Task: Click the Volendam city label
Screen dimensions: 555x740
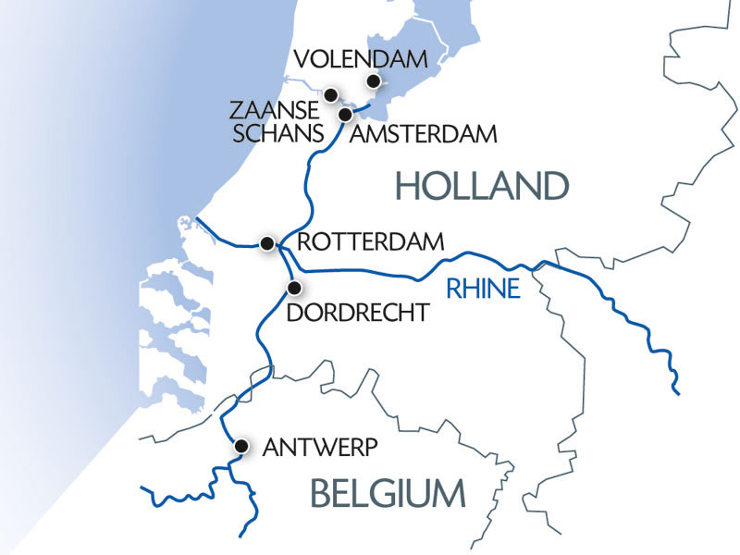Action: click(361, 60)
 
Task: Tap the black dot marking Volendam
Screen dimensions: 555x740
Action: click(374, 82)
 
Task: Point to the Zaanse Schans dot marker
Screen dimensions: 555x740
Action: click(329, 94)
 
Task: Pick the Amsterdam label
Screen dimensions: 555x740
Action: click(423, 134)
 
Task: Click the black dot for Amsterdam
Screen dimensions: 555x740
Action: click(346, 114)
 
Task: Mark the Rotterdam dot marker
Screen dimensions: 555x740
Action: click(267, 243)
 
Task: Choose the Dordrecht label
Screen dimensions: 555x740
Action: click(358, 313)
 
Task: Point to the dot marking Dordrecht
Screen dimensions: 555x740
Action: click(295, 286)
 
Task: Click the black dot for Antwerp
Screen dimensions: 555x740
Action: click(240, 446)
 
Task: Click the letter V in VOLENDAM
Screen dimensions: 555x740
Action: click(301, 60)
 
